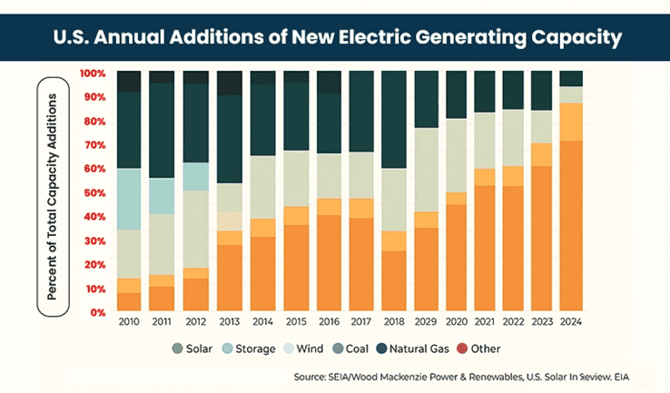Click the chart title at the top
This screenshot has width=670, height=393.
pyautogui.click(x=334, y=38)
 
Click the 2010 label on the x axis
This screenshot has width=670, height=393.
pyautogui.click(x=129, y=323)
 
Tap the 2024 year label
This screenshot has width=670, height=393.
pyautogui.click(x=570, y=323)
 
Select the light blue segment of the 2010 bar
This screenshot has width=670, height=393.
pyautogui.click(x=129, y=199)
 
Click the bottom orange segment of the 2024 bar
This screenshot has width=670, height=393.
pyautogui.click(x=570, y=226)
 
